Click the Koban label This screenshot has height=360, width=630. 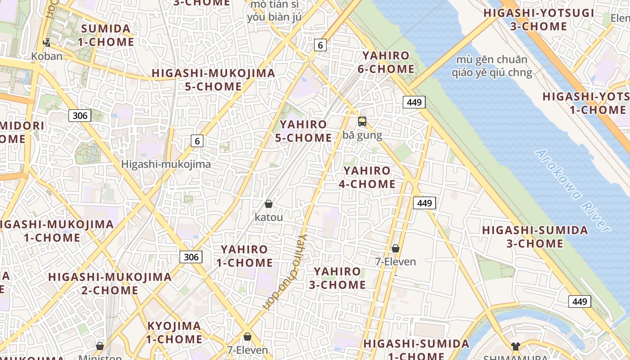pos(47,56)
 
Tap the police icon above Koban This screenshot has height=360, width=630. pos(46,43)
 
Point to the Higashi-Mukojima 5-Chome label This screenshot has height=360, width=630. pos(213,80)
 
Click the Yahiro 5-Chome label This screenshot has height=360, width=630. pos(303,131)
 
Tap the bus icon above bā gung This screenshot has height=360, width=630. pos(362,121)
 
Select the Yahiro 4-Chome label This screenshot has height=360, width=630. pos(367,177)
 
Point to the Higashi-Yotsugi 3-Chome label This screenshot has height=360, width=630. pos(539,19)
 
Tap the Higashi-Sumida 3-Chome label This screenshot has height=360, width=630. pos(535,237)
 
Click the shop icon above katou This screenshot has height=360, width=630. pos(269,204)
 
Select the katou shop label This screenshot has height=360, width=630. pos(269,217)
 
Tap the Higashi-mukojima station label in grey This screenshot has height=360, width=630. pos(166,164)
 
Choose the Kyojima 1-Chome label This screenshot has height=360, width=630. pos(174,332)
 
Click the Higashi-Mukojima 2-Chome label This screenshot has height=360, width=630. pos(110,283)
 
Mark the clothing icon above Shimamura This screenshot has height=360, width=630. pos(515,346)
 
